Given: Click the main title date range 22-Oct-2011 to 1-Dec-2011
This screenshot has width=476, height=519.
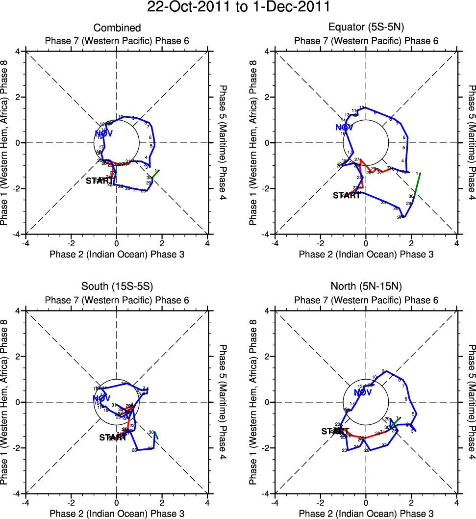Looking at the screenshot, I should (x=238, y=7).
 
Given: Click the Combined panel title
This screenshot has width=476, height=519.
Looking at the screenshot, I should (x=117, y=28).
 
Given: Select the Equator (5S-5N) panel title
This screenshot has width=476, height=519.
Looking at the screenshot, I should (x=366, y=28).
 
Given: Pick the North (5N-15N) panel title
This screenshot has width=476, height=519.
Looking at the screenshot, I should (x=366, y=287).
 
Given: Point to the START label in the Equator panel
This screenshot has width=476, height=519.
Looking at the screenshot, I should (x=347, y=195).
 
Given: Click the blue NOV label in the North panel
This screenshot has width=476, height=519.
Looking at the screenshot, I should (x=363, y=392).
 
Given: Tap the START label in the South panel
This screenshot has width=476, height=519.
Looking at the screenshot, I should (x=113, y=438).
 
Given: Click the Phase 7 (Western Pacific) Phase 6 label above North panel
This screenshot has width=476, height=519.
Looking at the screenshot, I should (x=366, y=300).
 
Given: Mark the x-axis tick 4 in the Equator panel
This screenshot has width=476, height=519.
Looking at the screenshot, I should (x=456, y=243).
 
